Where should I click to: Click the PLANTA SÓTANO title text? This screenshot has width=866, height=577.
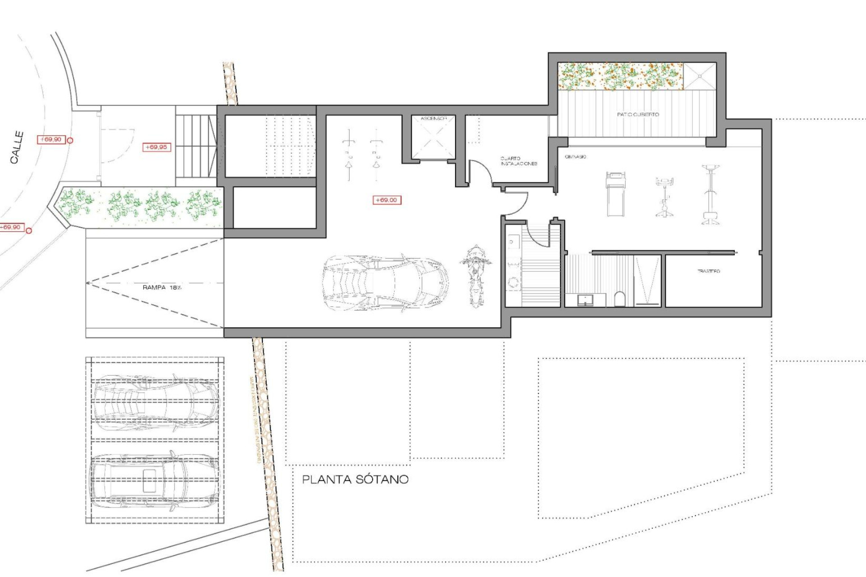click(355, 479)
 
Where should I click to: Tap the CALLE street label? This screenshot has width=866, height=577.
click(17, 147)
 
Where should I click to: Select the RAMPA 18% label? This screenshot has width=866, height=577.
click(162, 288)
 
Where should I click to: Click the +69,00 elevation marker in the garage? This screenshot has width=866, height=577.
click(387, 200)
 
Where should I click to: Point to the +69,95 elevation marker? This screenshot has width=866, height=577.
click(157, 147)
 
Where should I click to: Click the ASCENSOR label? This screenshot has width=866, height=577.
click(433, 119)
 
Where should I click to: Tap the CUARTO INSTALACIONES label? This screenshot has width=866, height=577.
click(519, 161)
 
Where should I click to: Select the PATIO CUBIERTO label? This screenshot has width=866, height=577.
click(638, 114)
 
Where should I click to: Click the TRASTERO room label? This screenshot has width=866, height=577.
click(709, 271)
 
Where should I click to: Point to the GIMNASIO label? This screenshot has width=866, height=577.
click(576, 157)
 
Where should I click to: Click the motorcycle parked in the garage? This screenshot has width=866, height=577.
click(475, 275)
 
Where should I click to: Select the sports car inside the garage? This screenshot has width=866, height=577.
click(386, 283)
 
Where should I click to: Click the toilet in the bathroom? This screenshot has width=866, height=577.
click(620, 299)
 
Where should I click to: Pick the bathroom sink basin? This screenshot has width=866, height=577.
click(585, 300)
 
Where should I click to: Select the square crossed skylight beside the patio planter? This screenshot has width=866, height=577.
click(700, 76)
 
